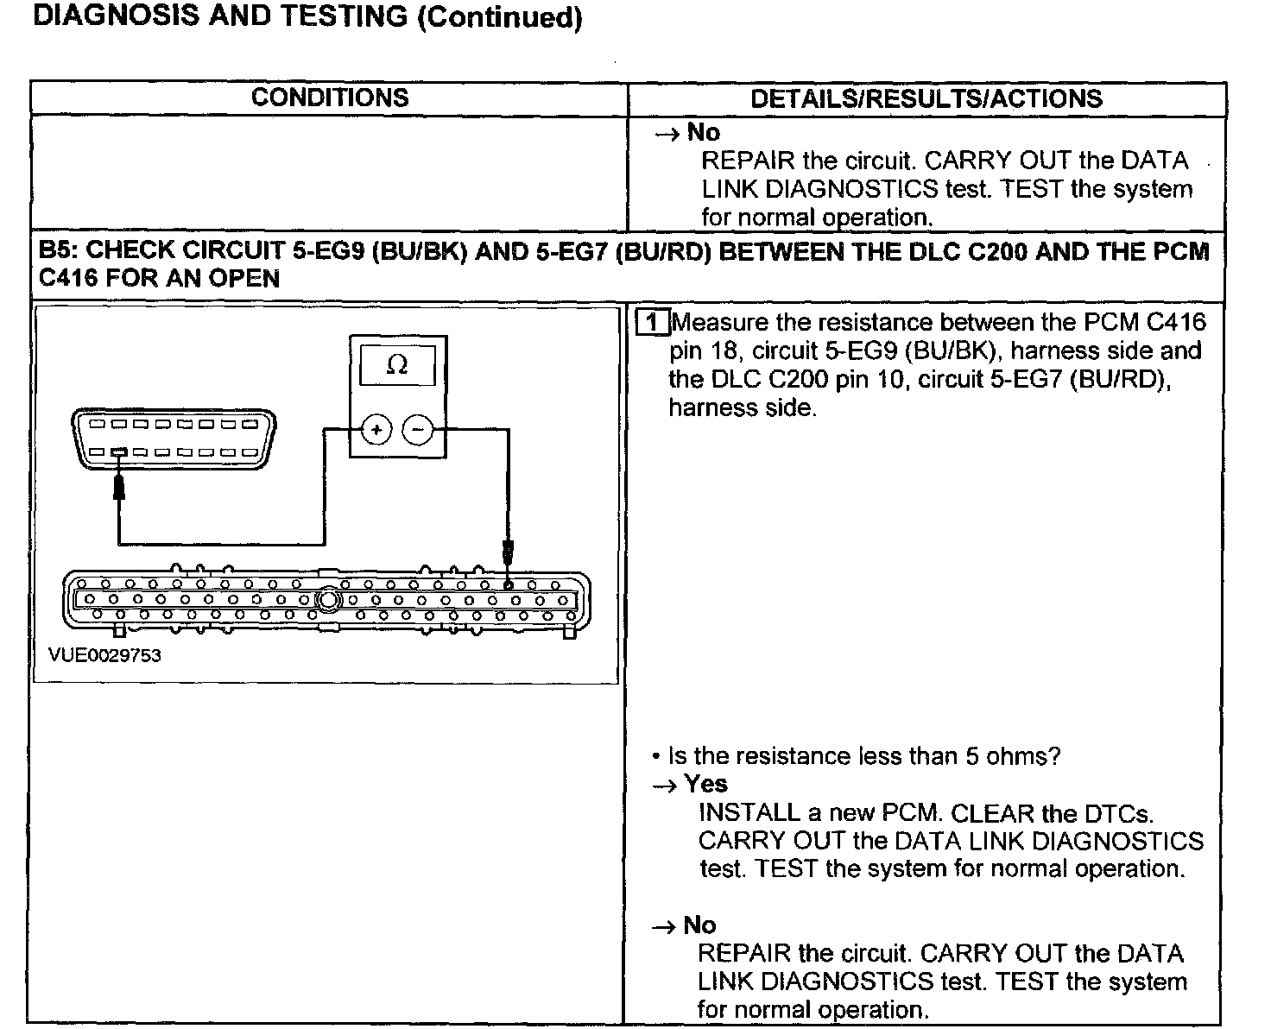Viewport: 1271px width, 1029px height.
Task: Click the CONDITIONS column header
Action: coord(330,98)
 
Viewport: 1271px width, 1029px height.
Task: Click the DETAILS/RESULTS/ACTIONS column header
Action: coord(926,98)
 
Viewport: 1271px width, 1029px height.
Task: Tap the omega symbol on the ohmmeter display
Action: coord(397,365)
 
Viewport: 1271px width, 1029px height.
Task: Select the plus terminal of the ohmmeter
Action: coord(376,429)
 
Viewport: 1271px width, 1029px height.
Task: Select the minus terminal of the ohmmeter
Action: coord(419,429)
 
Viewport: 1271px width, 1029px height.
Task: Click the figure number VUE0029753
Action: coord(104,655)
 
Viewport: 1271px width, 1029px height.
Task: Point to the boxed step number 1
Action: coord(653,324)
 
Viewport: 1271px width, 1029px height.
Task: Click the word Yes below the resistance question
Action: coord(705,784)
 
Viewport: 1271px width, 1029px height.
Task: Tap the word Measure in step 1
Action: coord(720,323)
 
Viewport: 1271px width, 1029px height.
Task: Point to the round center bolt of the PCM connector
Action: coord(329,599)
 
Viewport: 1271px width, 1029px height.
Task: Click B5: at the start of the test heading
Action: coord(59,250)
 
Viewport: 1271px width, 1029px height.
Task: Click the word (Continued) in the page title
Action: coord(499,17)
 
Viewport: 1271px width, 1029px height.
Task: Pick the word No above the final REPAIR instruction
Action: coord(699,925)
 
